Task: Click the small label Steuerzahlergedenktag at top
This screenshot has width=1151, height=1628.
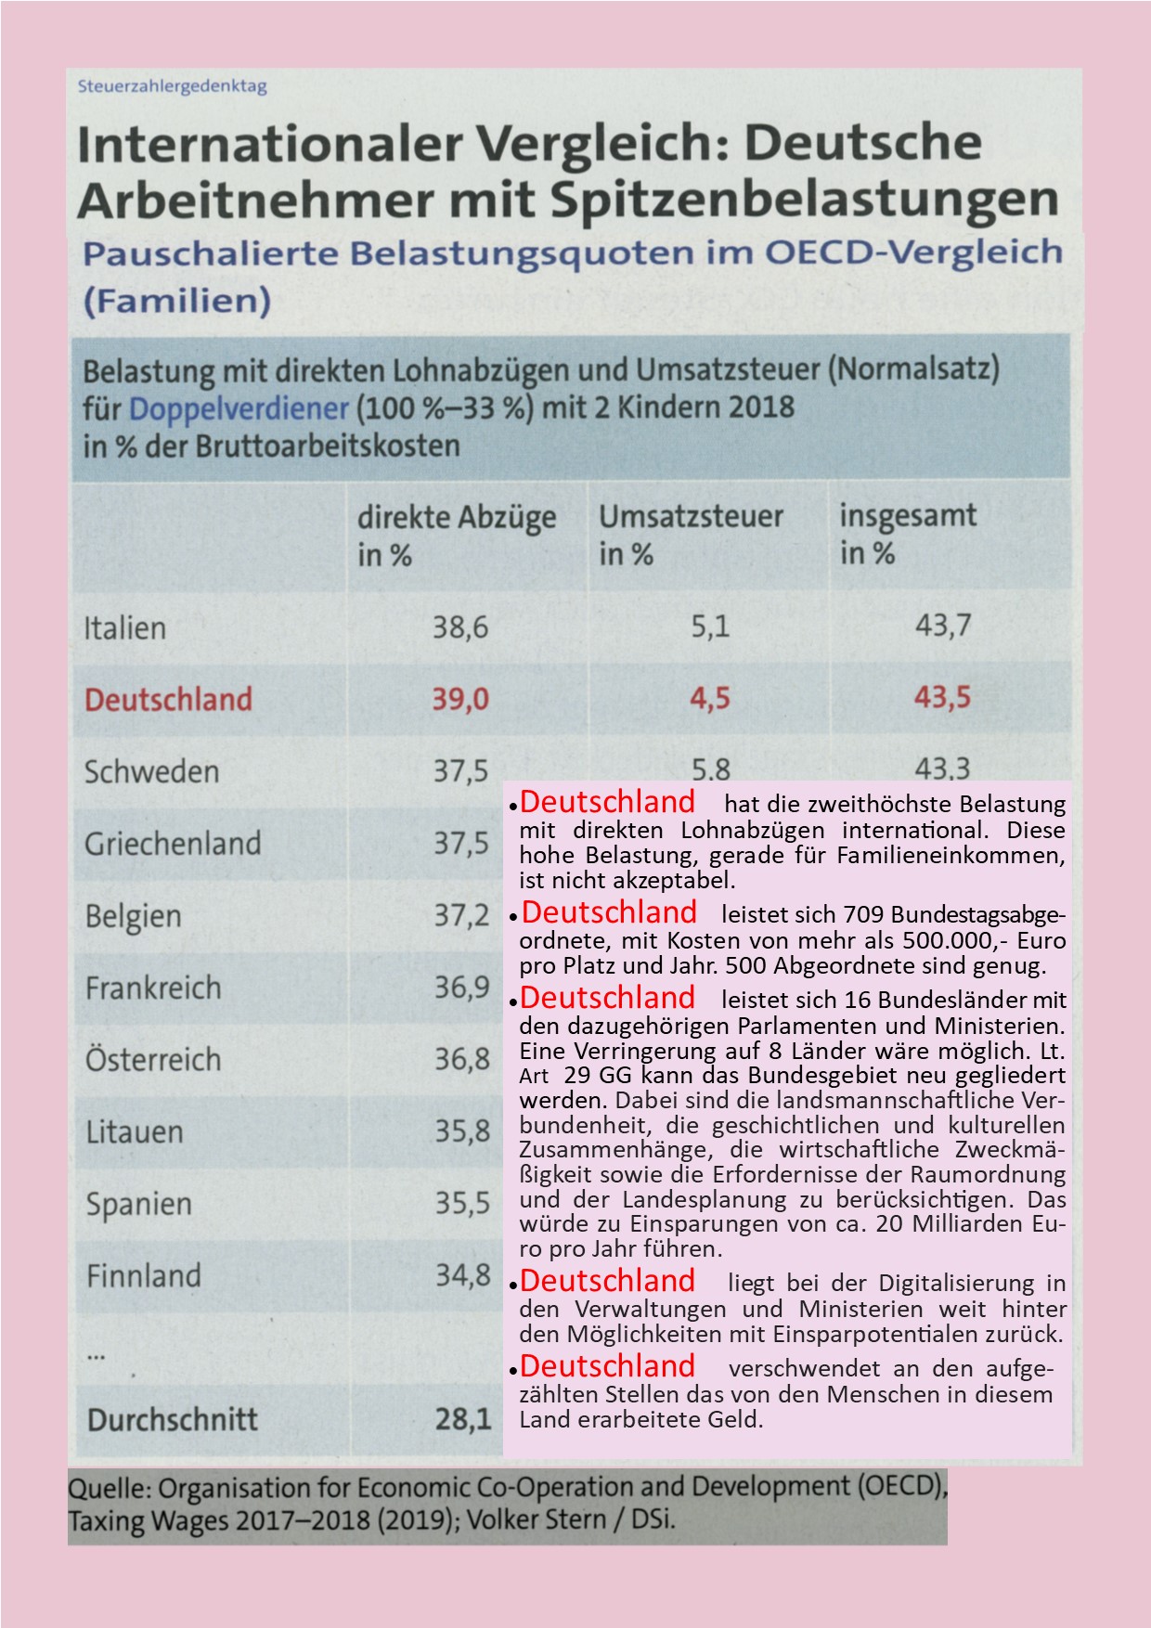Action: point(172,86)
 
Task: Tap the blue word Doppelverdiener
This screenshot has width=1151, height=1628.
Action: point(239,408)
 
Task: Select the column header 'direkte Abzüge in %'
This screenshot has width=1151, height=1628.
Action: point(457,535)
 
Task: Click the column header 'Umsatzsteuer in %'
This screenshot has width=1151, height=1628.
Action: point(691,535)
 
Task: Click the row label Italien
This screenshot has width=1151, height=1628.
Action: point(125,628)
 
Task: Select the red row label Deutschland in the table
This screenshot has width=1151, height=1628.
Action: point(168,699)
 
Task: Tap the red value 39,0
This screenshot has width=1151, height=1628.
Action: point(460,698)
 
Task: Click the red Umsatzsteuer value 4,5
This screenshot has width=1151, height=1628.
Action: point(710,698)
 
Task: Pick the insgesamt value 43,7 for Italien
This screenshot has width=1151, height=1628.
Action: point(943,626)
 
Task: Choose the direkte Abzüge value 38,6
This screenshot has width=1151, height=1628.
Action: point(460,627)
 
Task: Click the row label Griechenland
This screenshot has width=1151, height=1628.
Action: point(173,844)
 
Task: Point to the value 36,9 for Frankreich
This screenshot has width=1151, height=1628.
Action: point(462,987)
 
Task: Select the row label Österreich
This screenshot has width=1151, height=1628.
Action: point(153,1059)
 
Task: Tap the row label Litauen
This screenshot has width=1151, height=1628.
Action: point(135,1132)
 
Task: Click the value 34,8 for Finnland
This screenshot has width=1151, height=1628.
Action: point(463,1275)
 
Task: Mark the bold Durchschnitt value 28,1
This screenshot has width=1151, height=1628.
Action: point(463,1419)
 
